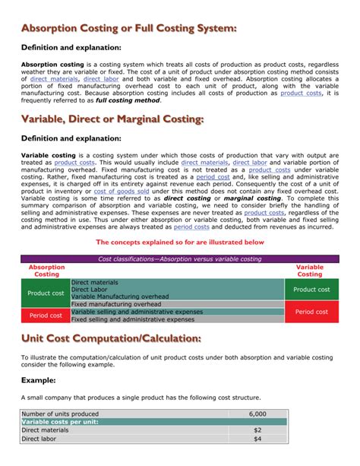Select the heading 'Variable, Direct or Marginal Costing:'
click(112, 119)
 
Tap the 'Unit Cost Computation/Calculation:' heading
click(111, 338)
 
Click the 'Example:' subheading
click(39, 380)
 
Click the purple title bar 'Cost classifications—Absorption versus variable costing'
click(180, 259)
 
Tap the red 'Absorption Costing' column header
click(46, 271)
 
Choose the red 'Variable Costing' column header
click(310, 271)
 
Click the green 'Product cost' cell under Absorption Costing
click(46, 293)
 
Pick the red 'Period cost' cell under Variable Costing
click(311, 312)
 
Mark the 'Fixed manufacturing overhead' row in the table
click(122, 304)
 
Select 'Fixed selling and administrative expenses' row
click(133, 319)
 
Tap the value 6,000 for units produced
click(257, 414)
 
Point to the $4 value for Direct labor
click(257, 439)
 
